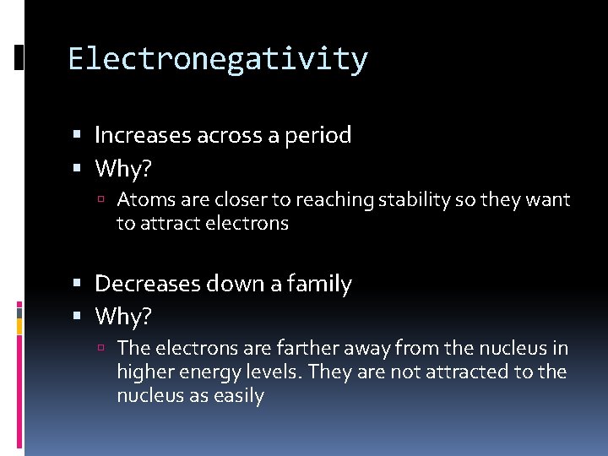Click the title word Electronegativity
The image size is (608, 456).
tap(218, 59)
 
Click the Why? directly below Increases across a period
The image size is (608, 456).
tap(123, 169)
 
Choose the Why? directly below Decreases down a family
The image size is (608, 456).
tap(123, 317)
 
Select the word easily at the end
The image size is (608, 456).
tap(239, 395)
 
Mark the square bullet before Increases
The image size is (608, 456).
tap(78, 136)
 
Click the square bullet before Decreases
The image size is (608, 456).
tap(78, 285)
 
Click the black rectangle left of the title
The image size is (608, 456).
tap(19, 57)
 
